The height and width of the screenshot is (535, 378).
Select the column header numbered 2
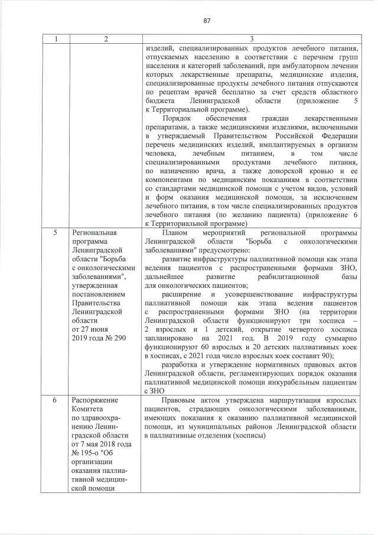pos(105,38)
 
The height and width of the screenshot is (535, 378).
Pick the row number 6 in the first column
pos(54,400)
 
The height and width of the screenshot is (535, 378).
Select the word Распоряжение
pos(94,400)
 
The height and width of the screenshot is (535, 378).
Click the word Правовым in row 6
pos(179,400)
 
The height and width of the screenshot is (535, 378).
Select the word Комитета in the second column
pos(86,409)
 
